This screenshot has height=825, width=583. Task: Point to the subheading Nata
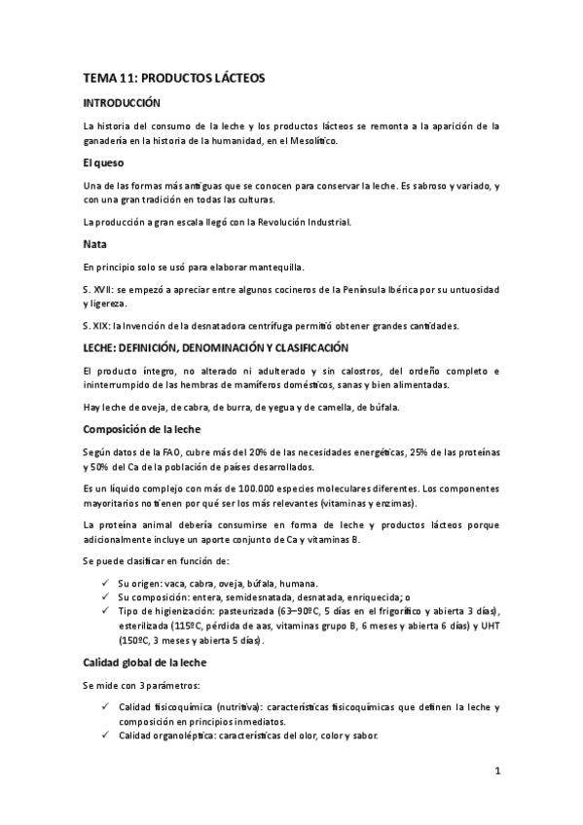pyautogui.click(x=94, y=244)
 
